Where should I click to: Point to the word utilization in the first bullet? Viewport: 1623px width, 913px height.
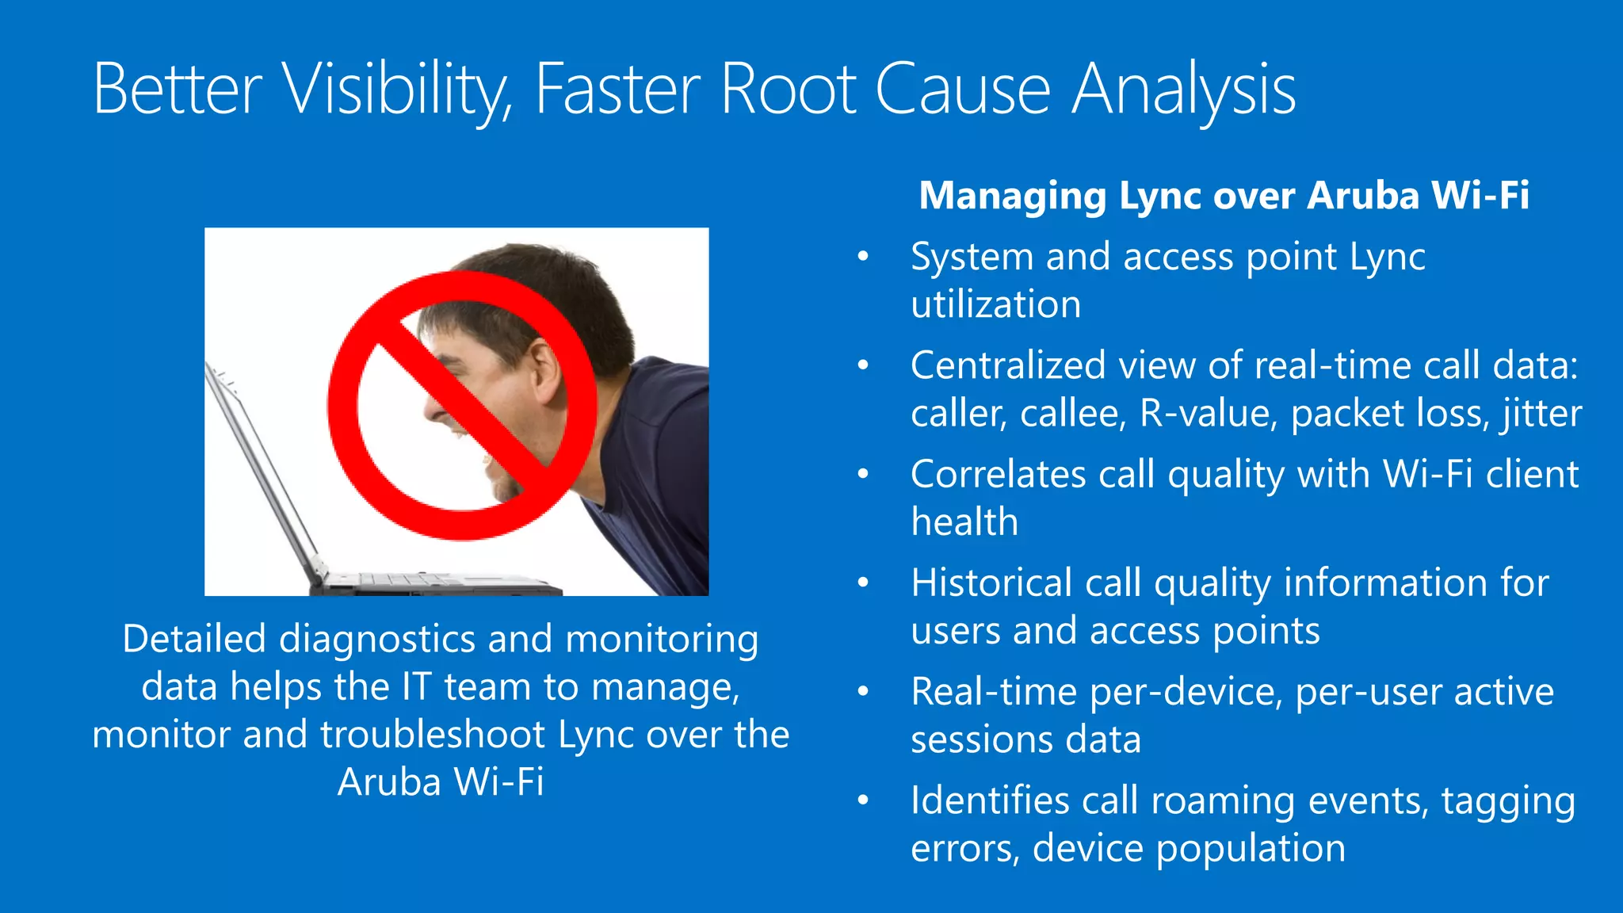tap(995, 304)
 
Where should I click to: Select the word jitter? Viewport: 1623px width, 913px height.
tap(1541, 413)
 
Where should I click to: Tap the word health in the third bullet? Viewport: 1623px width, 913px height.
tap(964, 521)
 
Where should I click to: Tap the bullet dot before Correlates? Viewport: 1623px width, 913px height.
tap(863, 474)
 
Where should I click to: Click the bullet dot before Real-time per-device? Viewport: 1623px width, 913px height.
tap(863, 692)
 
